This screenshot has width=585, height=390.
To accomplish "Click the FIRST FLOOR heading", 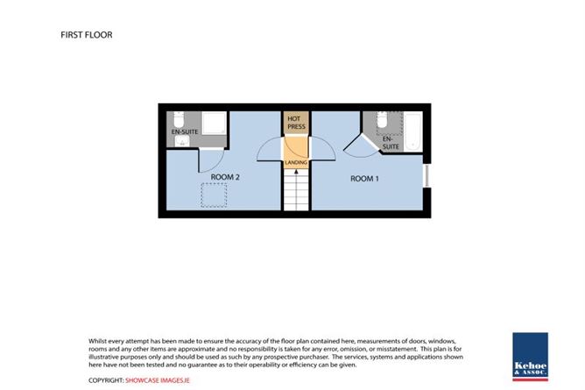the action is click(x=86, y=35).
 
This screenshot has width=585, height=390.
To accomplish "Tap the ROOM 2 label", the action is click(x=225, y=177).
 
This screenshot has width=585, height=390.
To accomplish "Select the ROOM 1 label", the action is click(x=364, y=179).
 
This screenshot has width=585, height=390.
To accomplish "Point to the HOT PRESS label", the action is click(x=296, y=123).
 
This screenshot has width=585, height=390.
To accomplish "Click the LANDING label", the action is click(x=296, y=163).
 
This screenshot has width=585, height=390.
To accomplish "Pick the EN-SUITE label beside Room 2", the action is click(x=185, y=132).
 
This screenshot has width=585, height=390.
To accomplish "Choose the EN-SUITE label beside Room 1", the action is click(x=391, y=143).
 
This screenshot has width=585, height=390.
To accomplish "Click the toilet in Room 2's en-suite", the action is click(x=179, y=119).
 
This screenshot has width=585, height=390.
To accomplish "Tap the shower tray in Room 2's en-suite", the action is click(x=215, y=123).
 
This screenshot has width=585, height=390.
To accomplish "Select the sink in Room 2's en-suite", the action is click(x=182, y=141).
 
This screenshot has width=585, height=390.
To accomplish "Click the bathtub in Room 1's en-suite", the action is click(x=413, y=131).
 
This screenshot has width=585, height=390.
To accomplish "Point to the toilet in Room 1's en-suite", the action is click(x=382, y=119).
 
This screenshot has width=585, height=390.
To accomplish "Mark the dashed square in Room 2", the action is click(x=214, y=195).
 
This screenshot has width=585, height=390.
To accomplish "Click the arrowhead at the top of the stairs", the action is click(x=296, y=172).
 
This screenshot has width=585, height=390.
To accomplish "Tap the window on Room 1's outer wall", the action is click(x=426, y=175).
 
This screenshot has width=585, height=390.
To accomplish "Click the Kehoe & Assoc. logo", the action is click(x=530, y=357).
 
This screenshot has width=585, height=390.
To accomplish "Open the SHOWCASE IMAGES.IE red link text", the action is click(x=158, y=380).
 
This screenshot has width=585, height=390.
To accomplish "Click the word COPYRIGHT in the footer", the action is click(x=106, y=380).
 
